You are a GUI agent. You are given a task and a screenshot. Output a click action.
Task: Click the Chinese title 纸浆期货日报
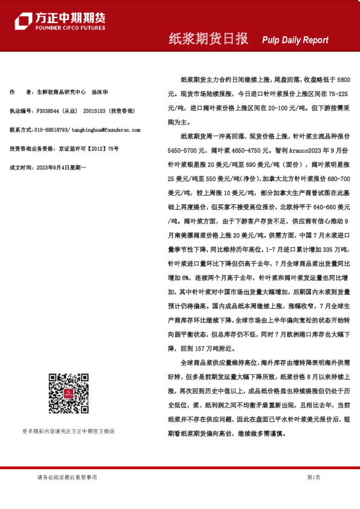208,39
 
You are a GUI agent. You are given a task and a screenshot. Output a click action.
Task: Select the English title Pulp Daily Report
295,40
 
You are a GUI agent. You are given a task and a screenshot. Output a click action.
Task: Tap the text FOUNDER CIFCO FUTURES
71,28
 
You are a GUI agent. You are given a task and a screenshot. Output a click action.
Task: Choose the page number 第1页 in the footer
313,477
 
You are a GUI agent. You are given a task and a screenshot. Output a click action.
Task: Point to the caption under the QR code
68,431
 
